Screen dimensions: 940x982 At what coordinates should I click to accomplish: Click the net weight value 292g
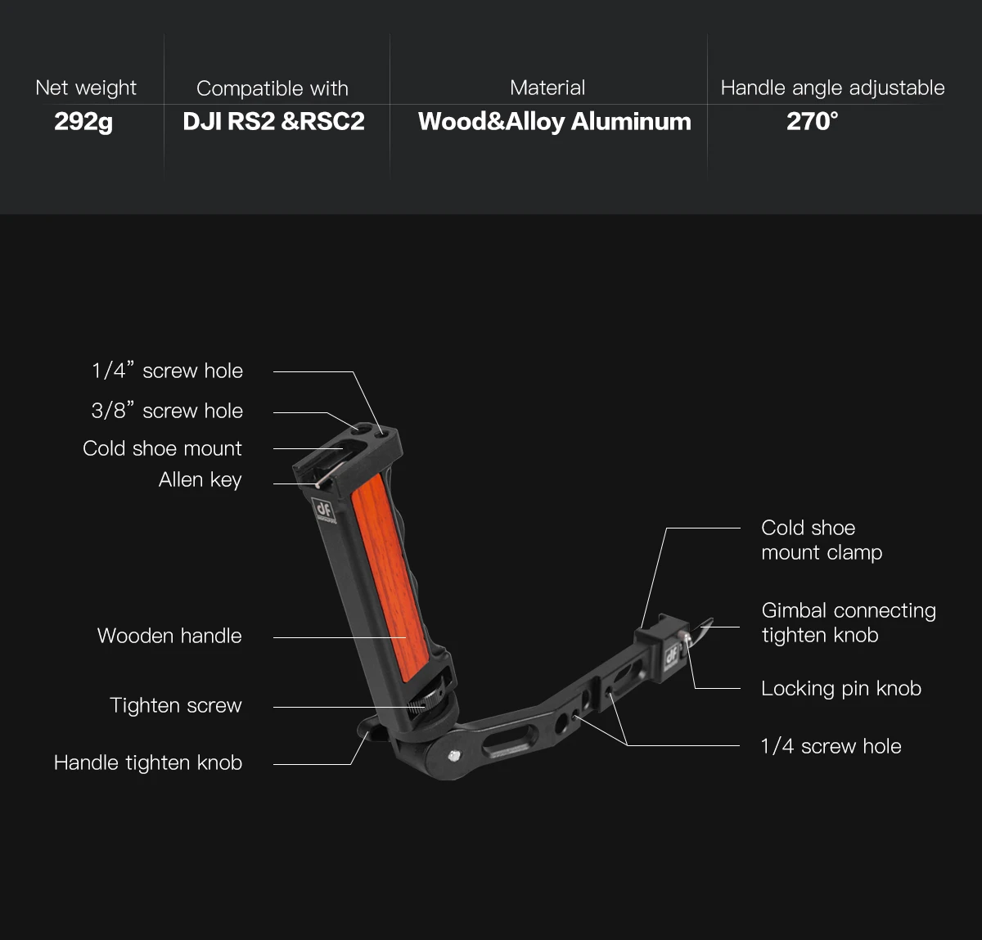tap(83, 122)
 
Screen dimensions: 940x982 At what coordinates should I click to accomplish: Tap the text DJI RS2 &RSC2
tap(273, 122)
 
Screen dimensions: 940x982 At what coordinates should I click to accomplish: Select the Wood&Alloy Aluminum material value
tap(554, 122)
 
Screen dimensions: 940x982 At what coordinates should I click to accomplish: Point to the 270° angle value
tap(812, 122)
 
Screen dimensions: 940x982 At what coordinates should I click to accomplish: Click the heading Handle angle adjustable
tap(832, 88)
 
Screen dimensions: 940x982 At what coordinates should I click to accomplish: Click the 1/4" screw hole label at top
tap(167, 371)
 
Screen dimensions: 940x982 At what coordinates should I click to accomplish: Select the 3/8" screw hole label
tap(167, 411)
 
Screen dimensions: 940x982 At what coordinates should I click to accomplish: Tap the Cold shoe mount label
tap(162, 448)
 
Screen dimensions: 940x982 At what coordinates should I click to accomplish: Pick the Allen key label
tap(200, 480)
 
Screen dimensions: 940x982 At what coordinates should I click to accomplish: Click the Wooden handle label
tap(169, 636)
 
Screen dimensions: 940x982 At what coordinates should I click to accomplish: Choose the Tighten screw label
tap(176, 705)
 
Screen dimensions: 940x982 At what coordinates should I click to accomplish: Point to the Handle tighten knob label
tap(148, 762)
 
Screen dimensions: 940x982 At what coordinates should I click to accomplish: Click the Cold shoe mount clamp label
tap(821, 540)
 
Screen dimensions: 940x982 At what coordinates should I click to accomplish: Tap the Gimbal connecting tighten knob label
tap(848, 623)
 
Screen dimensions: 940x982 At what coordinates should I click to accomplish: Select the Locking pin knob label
tap(840, 689)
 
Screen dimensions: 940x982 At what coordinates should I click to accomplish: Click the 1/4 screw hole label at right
tap(831, 746)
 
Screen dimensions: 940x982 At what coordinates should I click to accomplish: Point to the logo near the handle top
tap(322, 509)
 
